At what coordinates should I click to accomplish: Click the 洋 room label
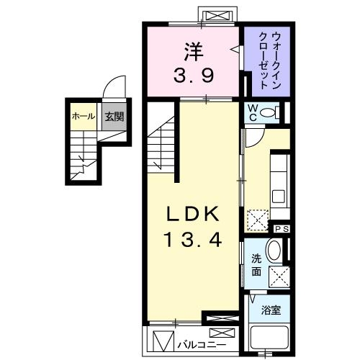[193, 52]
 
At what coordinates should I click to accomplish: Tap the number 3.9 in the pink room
[193, 75]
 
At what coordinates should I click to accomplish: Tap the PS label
[282, 228]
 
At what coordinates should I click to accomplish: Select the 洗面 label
[256, 265]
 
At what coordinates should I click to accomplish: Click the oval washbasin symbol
[274, 253]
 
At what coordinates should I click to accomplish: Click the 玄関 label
[111, 117]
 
